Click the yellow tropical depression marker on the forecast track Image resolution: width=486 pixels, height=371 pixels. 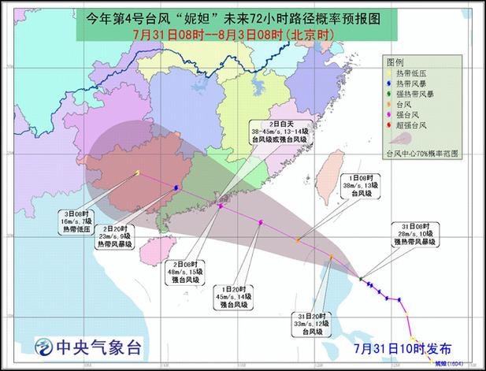tap(138, 173)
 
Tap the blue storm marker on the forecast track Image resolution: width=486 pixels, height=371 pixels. tap(175, 187)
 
